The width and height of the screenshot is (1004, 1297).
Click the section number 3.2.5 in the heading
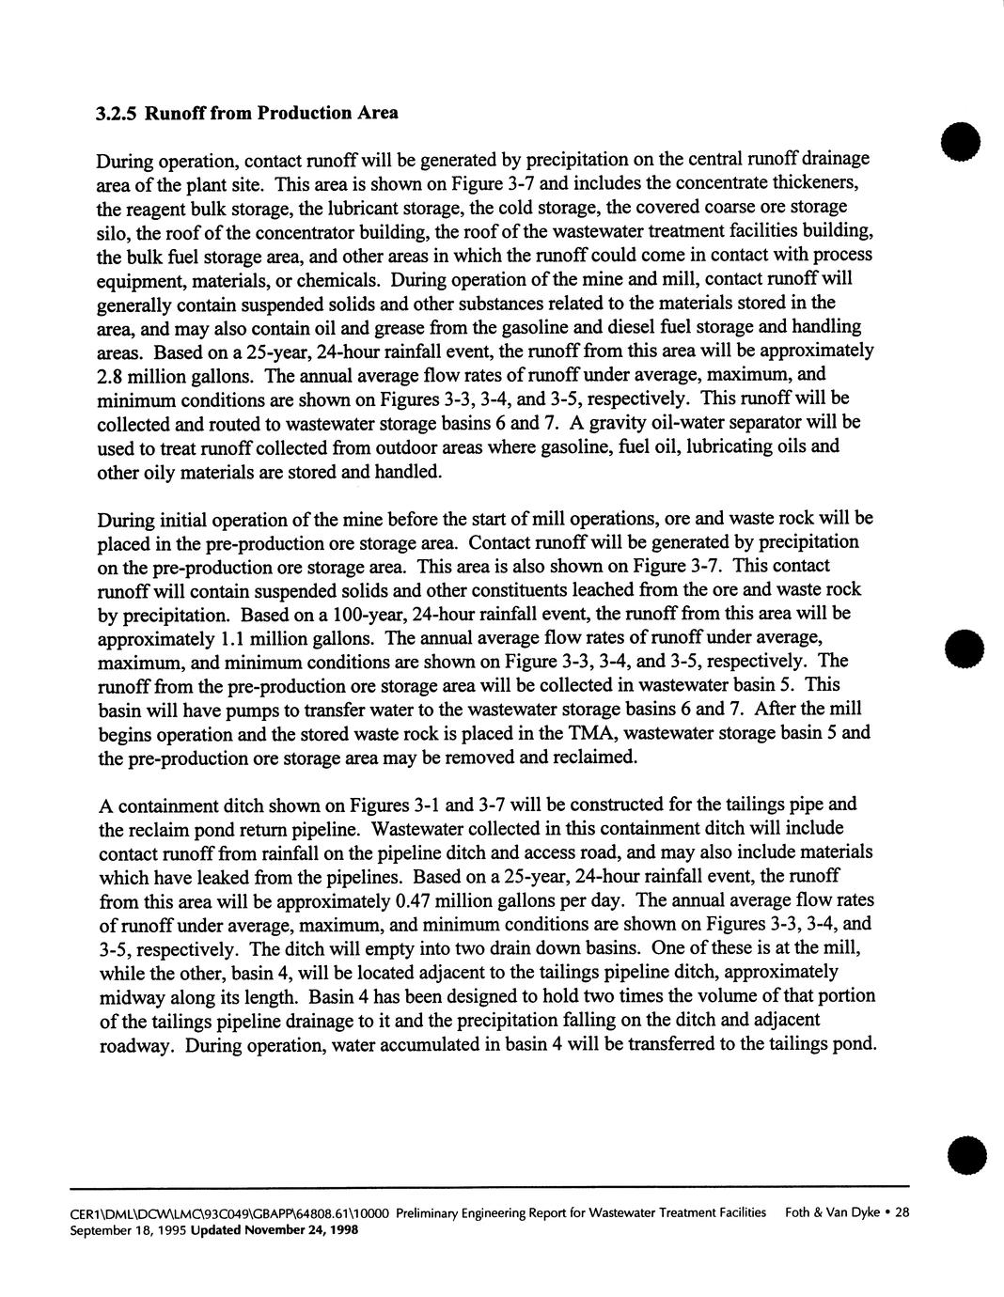click(x=116, y=113)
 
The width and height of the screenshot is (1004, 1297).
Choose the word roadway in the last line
click(x=134, y=1045)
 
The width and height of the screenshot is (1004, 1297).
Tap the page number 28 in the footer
click(x=902, y=1212)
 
